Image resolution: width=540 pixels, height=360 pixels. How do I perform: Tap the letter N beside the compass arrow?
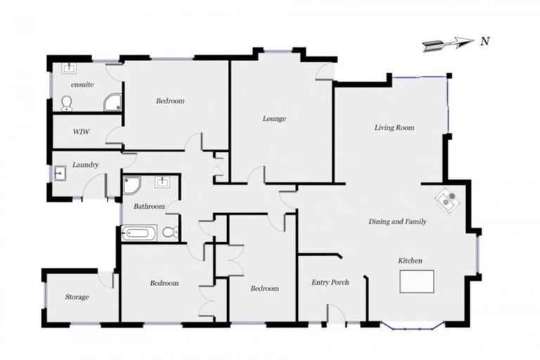pyautogui.click(x=484, y=41)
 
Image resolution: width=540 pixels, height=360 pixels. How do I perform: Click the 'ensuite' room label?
pyautogui.click(x=82, y=84)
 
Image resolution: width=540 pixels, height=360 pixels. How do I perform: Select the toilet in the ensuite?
pyautogui.click(x=67, y=103)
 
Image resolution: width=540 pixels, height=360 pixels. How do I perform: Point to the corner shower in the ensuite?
pyautogui.click(x=112, y=103)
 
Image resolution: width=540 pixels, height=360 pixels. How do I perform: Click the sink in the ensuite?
pyautogui.click(x=69, y=69)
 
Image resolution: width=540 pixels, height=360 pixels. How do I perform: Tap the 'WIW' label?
pyautogui.click(x=82, y=131)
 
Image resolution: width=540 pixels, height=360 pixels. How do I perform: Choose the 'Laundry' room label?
pyautogui.click(x=84, y=165)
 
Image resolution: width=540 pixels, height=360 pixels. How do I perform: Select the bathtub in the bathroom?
pyautogui.click(x=139, y=233)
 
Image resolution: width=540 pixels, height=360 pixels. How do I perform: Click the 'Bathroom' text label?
pyautogui.click(x=149, y=207)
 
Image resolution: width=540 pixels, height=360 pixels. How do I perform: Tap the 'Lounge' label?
pyautogui.click(x=274, y=119)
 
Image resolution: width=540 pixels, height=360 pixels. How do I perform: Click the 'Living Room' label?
pyautogui.click(x=394, y=128)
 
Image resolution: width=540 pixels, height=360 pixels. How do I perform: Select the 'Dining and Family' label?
pyautogui.click(x=397, y=221)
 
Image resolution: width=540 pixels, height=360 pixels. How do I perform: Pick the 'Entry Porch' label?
pyautogui.click(x=330, y=283)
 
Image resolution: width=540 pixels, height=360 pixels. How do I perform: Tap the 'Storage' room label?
pyautogui.click(x=77, y=297)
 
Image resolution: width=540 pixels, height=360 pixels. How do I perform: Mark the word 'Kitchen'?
pyautogui.click(x=411, y=261)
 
